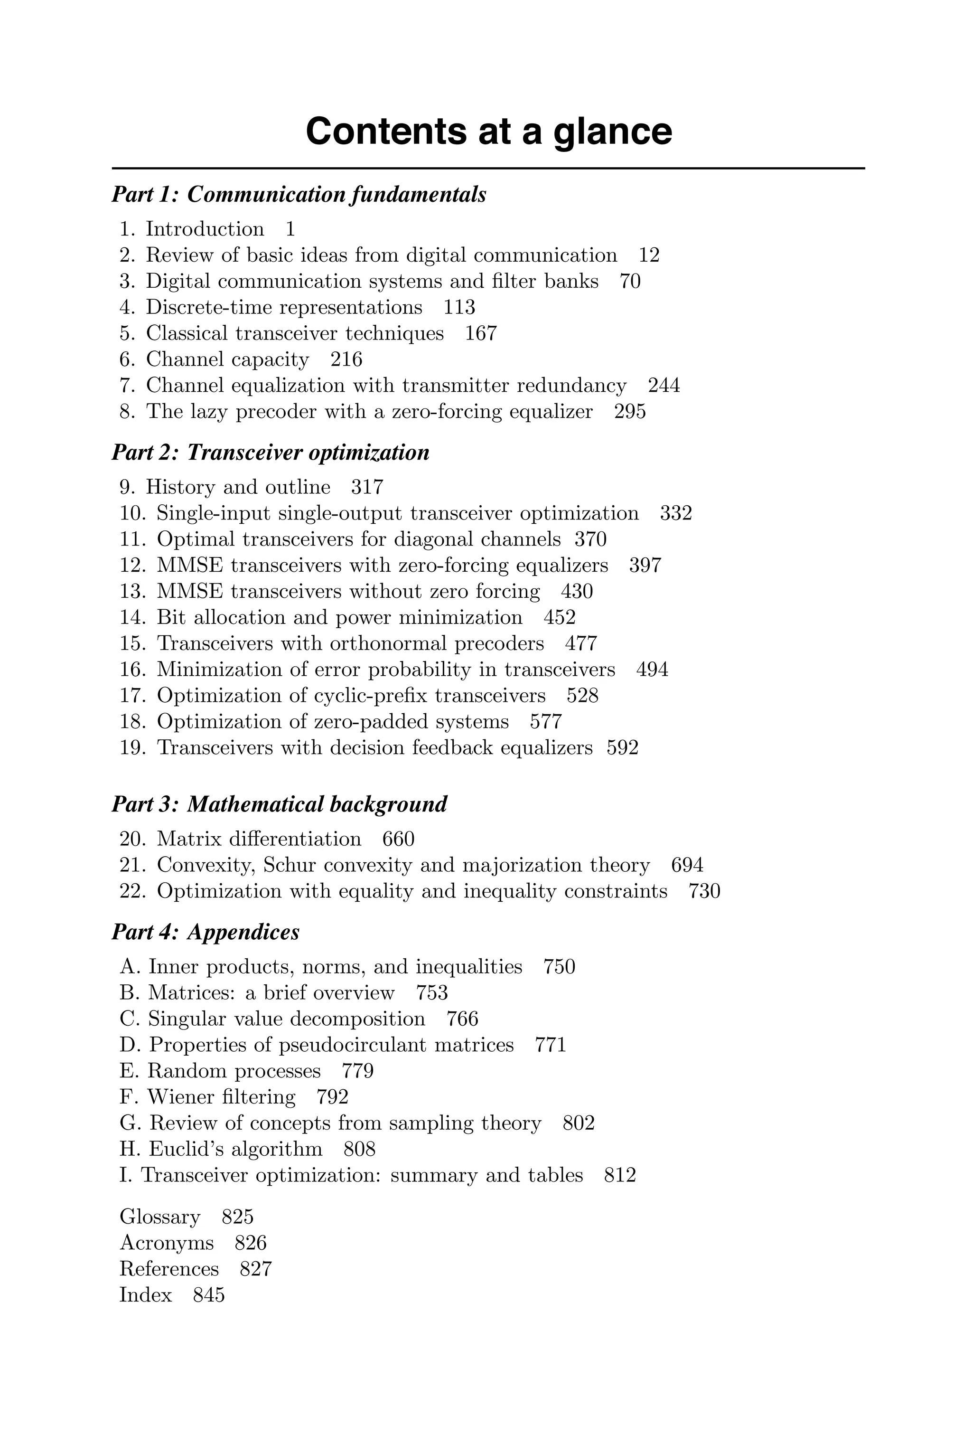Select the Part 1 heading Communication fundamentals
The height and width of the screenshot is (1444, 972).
click(x=299, y=195)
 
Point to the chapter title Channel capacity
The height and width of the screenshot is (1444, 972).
click(x=227, y=359)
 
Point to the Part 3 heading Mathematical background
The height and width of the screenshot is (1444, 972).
click(x=279, y=805)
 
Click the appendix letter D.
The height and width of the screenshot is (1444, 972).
click(x=129, y=1045)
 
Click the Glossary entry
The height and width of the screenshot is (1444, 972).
click(x=160, y=1217)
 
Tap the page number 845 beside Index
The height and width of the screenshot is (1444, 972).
click(x=209, y=1294)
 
